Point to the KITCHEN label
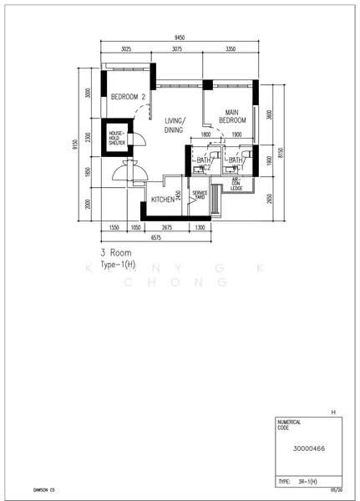pos(163,200)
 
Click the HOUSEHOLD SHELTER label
pos(115,139)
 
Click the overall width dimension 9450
pos(180,38)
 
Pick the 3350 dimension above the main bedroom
pos(231,50)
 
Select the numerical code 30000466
pos(310,448)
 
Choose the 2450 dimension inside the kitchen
pos(179,195)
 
